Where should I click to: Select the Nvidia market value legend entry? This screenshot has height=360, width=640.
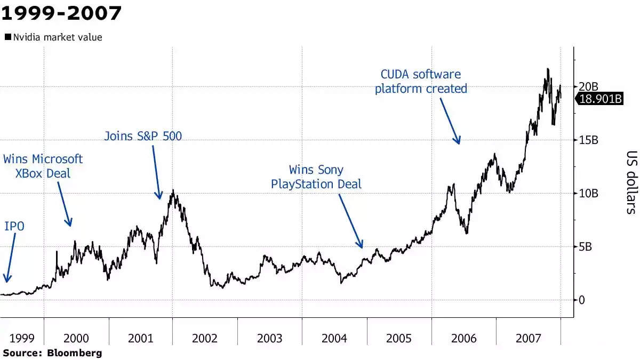(x=53, y=37)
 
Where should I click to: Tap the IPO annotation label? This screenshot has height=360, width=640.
(x=14, y=227)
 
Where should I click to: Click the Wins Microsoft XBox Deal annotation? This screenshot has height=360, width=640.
(x=43, y=166)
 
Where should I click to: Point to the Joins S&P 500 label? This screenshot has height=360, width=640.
(x=143, y=137)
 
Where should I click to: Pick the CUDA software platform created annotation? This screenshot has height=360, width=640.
(x=421, y=82)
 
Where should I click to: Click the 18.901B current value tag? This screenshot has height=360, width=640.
(x=601, y=99)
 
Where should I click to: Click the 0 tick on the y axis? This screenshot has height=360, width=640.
(x=582, y=300)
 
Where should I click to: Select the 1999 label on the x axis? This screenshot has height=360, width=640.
(x=22, y=338)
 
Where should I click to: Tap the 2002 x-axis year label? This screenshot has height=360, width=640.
(x=205, y=338)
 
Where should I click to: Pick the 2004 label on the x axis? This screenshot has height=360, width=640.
(x=334, y=338)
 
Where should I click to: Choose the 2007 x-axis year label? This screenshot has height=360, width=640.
(x=528, y=338)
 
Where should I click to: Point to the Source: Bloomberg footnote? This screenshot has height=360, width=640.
(x=52, y=353)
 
